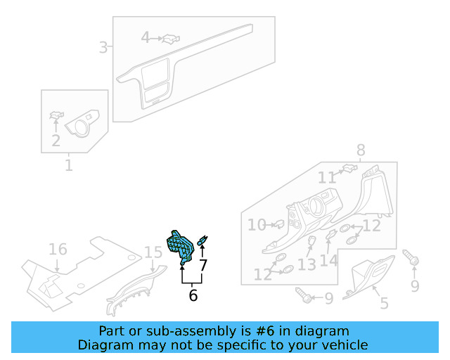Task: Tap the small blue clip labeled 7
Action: coord(203,242)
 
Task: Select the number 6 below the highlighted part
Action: coord(193,295)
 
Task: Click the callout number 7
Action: coord(203,266)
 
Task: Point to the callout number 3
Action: coord(103,48)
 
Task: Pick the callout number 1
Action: coord(69,166)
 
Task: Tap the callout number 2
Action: coord(56,141)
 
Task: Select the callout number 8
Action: coord(361,150)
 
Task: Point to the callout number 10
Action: coord(256,225)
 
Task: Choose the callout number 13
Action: coord(307,264)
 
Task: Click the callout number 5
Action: coord(384,303)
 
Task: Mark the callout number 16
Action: coord(58,250)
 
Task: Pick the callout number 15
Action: coord(153,252)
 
